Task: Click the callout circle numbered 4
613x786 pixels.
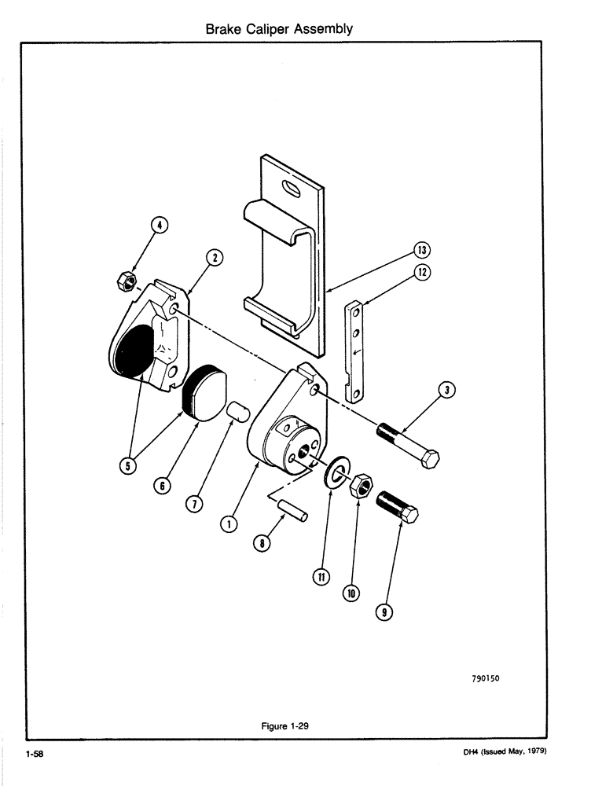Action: click(x=160, y=226)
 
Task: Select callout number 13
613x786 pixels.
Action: click(x=422, y=251)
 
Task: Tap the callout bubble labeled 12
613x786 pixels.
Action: click(x=422, y=273)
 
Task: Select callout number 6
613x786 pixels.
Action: click(x=161, y=487)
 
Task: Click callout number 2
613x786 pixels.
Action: click(x=213, y=257)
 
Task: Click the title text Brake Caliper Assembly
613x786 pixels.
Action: click(x=278, y=29)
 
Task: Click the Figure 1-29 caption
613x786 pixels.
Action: click(x=284, y=726)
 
